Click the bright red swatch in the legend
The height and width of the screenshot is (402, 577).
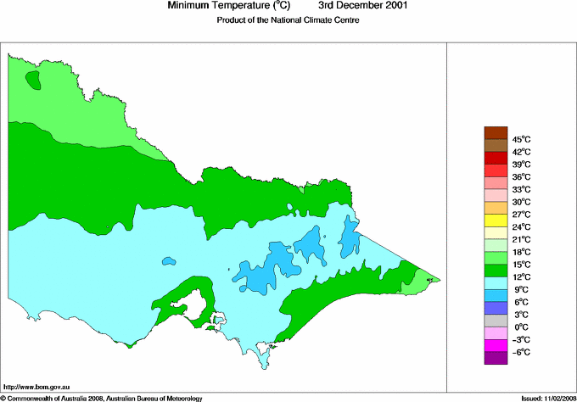495,158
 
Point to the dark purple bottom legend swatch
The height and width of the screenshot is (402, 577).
495,359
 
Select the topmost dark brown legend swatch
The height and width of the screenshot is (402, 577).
495,132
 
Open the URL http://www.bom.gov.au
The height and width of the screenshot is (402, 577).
36,386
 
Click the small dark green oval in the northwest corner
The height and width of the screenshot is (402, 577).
33,81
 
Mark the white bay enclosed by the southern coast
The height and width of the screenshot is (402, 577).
220,321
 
